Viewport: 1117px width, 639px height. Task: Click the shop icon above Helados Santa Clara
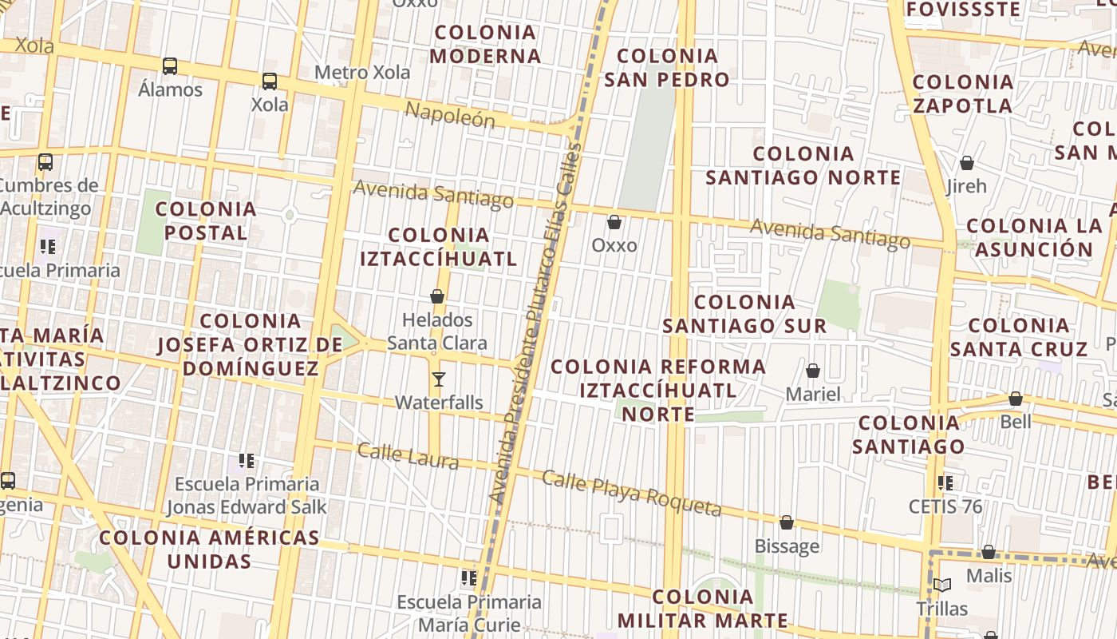pos(437,297)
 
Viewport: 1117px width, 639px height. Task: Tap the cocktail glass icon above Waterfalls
pos(438,379)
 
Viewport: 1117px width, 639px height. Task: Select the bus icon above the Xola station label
pos(270,81)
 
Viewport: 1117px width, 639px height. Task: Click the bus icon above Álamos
pos(170,66)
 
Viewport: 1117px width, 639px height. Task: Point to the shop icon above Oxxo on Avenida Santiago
pos(614,222)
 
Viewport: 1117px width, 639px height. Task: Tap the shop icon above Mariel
pos(813,371)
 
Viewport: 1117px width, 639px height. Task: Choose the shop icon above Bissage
pos(787,523)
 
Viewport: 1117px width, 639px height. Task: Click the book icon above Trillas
pos(942,585)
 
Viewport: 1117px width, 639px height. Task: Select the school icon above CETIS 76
pos(945,483)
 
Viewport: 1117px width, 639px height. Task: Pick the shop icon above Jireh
pos(967,164)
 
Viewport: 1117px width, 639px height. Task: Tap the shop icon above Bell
pos(1016,399)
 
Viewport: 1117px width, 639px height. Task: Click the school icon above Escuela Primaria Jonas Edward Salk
pos(247,461)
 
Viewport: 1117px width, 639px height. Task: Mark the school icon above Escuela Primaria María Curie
pos(468,578)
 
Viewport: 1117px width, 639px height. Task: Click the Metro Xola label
pos(362,73)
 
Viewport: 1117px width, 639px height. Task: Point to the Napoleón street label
pos(450,115)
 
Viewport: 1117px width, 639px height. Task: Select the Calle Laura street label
pos(408,456)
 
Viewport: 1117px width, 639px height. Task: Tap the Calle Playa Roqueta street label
pos(632,493)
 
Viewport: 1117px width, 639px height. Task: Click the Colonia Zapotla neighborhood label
pos(962,93)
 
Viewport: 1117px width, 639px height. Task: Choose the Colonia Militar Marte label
pos(703,609)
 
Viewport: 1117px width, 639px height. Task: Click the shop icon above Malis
pos(989,553)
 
